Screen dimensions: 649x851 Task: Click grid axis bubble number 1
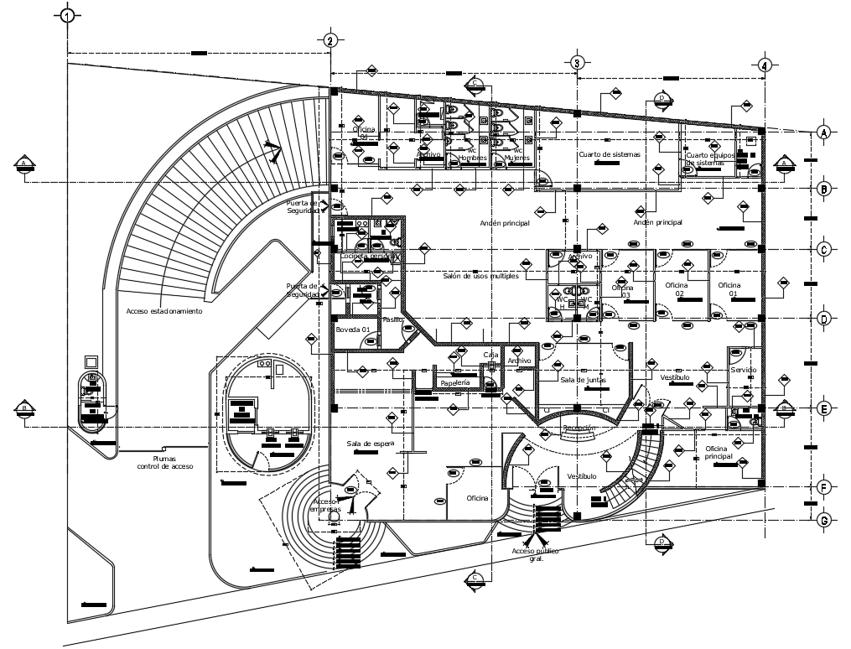point(68,15)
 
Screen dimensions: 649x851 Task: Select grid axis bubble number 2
point(330,41)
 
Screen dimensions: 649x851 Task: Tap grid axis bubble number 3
point(577,63)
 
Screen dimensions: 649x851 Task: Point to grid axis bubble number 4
point(764,65)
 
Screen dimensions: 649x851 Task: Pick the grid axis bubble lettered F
point(824,487)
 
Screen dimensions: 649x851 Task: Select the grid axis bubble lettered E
point(824,409)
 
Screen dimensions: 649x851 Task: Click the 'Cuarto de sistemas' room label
point(609,155)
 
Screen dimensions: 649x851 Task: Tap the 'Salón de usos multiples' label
point(481,275)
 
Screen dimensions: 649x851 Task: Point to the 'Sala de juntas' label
point(583,380)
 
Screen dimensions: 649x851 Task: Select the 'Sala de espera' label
point(370,443)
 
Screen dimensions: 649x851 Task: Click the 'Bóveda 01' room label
point(353,330)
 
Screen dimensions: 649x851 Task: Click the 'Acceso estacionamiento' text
point(164,310)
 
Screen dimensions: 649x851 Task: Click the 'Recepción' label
point(579,428)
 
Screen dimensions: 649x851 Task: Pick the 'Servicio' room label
point(744,370)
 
